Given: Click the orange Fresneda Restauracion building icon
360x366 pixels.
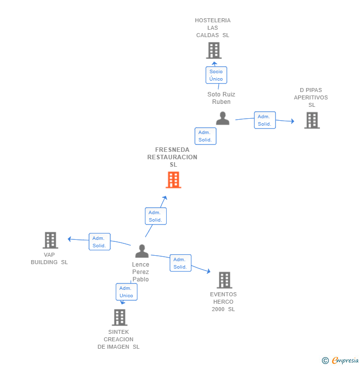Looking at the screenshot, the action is click(174, 180).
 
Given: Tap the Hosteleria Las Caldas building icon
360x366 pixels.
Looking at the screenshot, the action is click(214, 50).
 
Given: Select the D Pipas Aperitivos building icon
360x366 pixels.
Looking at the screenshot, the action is click(312, 121).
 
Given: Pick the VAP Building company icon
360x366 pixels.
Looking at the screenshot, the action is click(50, 240).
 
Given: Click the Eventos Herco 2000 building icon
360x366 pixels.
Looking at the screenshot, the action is click(225, 280).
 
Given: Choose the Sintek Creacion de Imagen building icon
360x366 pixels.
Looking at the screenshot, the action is click(120, 318).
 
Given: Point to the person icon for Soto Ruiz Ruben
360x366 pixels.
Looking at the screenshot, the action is click(223, 118).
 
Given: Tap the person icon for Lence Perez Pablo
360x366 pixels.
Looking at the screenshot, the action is click(142, 251).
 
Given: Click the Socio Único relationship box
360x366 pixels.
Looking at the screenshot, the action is click(216, 75).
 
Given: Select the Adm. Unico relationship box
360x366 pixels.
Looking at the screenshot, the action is click(127, 292).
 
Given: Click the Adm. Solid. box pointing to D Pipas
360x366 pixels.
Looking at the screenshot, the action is click(265, 120).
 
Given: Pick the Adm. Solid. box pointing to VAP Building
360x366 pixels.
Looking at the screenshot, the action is click(99, 241).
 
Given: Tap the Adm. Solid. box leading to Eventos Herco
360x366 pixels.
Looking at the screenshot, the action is click(180, 263).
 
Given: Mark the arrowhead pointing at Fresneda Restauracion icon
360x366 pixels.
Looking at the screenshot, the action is click(165, 198).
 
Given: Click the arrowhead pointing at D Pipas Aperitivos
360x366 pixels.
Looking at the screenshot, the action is click(293, 121).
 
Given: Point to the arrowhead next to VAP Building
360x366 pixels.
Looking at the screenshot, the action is click(69, 239).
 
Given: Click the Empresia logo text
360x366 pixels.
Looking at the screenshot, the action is click(345, 360).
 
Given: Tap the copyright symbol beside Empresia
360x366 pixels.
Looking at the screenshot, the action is click(325, 361).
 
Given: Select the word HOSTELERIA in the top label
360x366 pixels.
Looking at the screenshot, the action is click(213, 20).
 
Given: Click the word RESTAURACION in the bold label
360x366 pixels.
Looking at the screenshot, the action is click(172, 157).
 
